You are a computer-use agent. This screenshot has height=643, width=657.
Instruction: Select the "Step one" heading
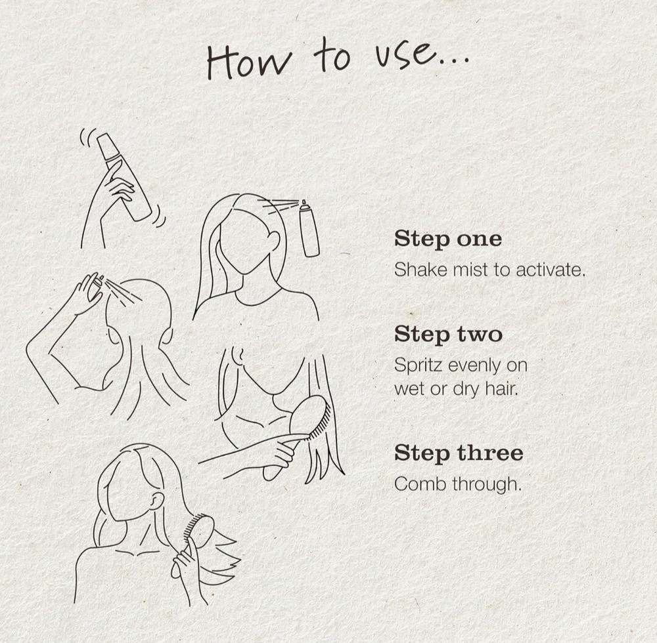pyautogui.click(x=448, y=239)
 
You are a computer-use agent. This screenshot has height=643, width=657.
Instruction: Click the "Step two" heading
pyautogui.click(x=448, y=335)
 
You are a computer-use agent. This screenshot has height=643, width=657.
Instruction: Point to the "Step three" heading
pyautogui.click(x=459, y=453)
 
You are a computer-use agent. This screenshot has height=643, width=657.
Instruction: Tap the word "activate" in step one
pyautogui.click(x=549, y=270)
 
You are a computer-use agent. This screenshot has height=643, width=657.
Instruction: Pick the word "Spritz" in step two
pyautogui.click(x=418, y=366)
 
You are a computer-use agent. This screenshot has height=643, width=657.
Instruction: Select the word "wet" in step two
pyautogui.click(x=409, y=390)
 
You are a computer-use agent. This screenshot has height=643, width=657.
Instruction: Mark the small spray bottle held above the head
pyautogui.click(x=97, y=285)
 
